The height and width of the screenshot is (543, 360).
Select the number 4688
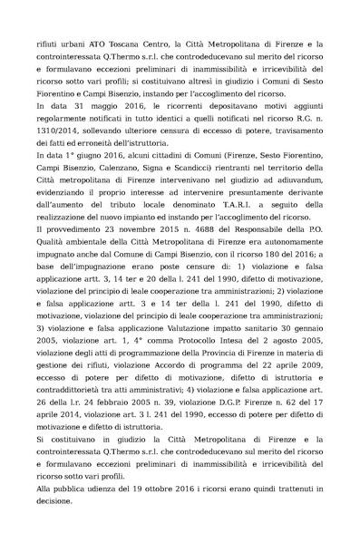[x=192, y=257]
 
